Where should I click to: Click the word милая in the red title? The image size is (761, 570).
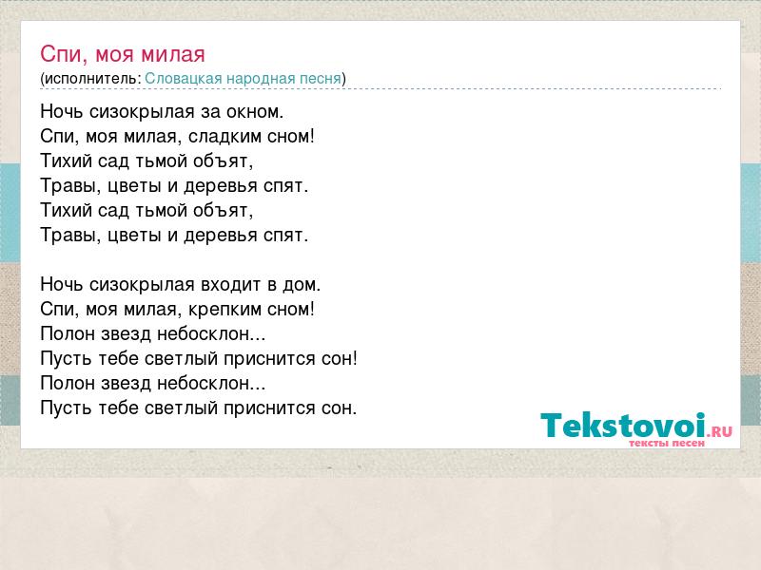[x=173, y=54]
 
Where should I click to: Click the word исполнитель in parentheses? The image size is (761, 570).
[x=91, y=79]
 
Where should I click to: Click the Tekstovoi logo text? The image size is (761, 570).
[x=623, y=426]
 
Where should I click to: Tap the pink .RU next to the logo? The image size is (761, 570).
[x=720, y=431]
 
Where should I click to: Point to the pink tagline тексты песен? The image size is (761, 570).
[x=667, y=443]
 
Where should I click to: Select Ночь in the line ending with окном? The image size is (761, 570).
[x=62, y=112]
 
